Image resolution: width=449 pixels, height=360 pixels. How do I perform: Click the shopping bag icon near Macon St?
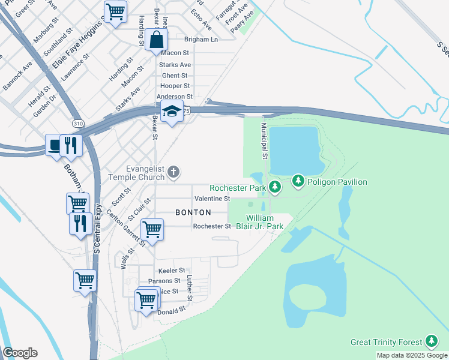coord(156,41)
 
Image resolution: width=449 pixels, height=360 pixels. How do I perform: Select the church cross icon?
coord(173,173)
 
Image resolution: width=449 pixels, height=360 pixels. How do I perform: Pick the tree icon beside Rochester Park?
coord(275,188)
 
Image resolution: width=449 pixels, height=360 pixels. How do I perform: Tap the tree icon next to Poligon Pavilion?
coord(298,181)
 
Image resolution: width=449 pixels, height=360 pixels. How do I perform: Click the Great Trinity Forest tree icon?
coord(431,341)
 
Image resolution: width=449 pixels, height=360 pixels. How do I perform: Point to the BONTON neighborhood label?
coord(193,212)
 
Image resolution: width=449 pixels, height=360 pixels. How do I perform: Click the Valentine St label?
coord(212,198)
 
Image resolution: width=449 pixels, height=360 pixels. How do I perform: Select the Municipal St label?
coord(264,141)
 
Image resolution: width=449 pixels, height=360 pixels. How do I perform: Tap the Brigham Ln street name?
coord(200,39)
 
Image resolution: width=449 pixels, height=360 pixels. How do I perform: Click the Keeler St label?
coord(171,271)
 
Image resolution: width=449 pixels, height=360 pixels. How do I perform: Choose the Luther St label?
coord(189,288)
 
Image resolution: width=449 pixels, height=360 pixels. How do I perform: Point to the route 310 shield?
coord(78,123)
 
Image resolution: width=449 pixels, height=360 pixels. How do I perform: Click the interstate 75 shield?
coord(187,111)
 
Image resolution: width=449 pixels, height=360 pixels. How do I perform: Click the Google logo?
coord(20,353)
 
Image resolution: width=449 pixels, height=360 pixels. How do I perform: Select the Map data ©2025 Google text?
coord(412,355)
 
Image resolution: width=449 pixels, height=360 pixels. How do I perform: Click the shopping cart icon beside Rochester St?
coord(152,229)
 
